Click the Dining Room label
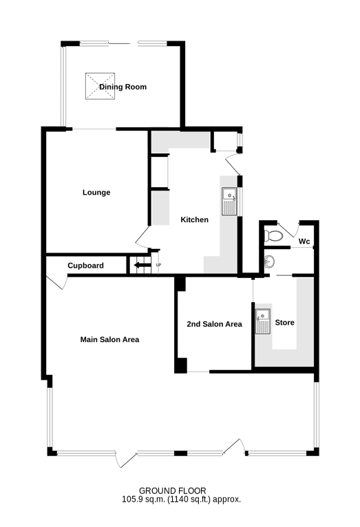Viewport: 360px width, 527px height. pyautogui.click(x=123, y=87)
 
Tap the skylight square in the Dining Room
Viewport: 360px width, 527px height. pyautogui.click(x=100, y=87)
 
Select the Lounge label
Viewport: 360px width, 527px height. pyautogui.click(x=96, y=192)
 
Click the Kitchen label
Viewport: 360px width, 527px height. pyautogui.click(x=195, y=219)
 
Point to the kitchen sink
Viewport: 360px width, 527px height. pyautogui.click(x=230, y=202)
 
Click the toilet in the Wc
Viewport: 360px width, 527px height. pyautogui.click(x=273, y=235)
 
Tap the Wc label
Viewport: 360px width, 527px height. pyautogui.click(x=304, y=241)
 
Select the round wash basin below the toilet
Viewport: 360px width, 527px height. pyautogui.click(x=269, y=261)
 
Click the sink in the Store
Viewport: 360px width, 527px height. pyautogui.click(x=263, y=321)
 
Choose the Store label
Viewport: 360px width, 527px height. pyautogui.click(x=285, y=323)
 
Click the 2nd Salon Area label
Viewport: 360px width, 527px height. pyautogui.click(x=215, y=324)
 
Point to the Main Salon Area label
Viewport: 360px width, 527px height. pyautogui.click(x=109, y=339)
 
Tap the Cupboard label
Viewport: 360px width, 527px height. pyautogui.click(x=86, y=266)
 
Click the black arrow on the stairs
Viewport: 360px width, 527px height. pyautogui.click(x=142, y=266)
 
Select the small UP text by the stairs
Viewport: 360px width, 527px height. pyautogui.click(x=158, y=265)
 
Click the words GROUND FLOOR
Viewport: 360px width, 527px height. pyautogui.click(x=173, y=491)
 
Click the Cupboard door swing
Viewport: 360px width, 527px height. pyautogui.click(x=56, y=281)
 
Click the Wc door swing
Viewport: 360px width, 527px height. pyautogui.click(x=288, y=229)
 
